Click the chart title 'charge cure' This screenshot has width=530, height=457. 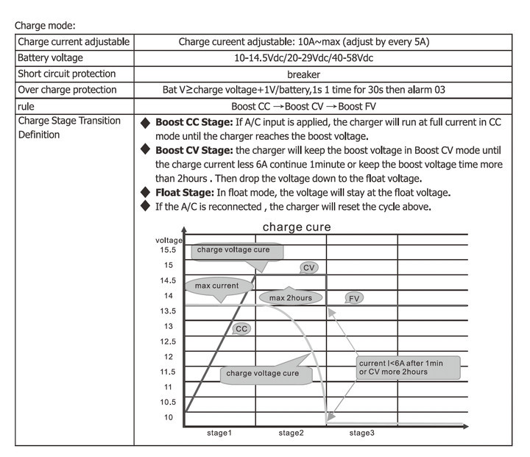click(x=297, y=227)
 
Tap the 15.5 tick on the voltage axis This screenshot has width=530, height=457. click(x=167, y=249)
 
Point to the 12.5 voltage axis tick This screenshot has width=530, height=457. click(x=167, y=341)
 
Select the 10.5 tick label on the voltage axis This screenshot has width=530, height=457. click(x=167, y=403)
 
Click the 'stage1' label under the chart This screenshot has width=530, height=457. click(x=219, y=433)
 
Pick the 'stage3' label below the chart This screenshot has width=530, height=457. click(x=361, y=433)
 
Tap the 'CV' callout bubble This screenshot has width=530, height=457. click(x=309, y=268)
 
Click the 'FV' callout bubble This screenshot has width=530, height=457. click(x=354, y=298)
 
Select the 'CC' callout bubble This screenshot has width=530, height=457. click(x=241, y=329)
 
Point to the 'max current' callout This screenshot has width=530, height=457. click(x=216, y=286)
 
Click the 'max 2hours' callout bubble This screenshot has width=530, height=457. click(x=290, y=298)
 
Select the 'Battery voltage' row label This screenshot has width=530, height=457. click(x=51, y=57)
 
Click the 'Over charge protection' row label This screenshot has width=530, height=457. click(x=67, y=90)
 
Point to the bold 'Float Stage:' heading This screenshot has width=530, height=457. click(x=183, y=193)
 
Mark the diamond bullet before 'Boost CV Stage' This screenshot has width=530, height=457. click(x=146, y=150)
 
